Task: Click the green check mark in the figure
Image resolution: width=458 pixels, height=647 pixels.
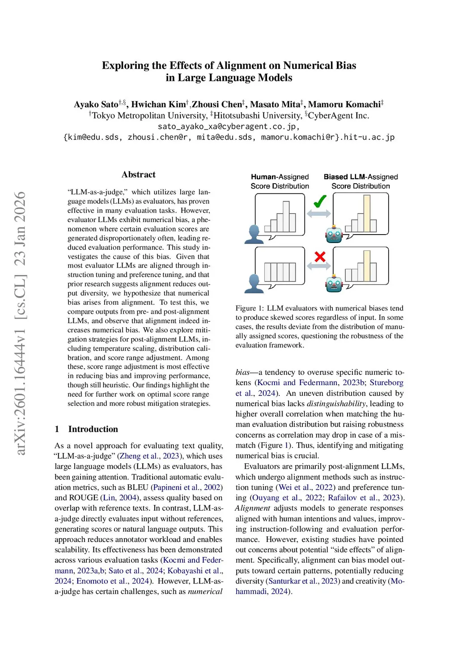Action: [x=320, y=202]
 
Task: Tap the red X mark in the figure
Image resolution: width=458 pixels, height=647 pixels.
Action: [x=320, y=256]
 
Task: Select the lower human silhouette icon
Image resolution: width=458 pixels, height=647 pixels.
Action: [x=254, y=284]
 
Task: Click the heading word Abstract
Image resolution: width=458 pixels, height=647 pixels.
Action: [x=138, y=175]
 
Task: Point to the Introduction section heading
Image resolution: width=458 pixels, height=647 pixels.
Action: [x=93, y=429]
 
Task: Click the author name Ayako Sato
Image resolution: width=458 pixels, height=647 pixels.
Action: [x=96, y=105]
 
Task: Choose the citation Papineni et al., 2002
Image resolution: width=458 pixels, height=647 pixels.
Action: [x=187, y=487]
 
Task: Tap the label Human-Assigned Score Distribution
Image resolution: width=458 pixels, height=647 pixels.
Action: [x=280, y=181]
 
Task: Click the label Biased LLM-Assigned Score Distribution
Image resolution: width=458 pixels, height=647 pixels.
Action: [x=360, y=181]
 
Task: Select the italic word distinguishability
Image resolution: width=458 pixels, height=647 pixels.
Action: [x=336, y=403]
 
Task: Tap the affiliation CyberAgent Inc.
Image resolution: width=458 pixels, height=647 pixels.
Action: [x=339, y=116]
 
